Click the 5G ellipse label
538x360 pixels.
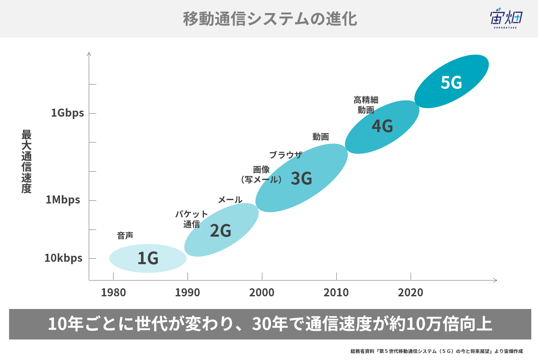(451, 82)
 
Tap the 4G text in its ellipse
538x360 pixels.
(382, 126)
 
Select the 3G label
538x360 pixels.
(301, 178)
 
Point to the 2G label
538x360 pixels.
(220, 231)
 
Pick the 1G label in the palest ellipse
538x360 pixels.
(148, 258)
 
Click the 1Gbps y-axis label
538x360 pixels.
(67, 113)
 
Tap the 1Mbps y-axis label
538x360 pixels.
(63, 200)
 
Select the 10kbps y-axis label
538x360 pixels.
(63, 258)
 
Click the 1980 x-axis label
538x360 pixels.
(113, 292)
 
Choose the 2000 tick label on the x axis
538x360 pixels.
(262, 292)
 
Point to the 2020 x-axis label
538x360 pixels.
(410, 292)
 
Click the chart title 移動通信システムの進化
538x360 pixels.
(270, 19)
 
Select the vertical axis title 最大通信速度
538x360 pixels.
(26, 161)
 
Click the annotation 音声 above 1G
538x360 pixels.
(125, 236)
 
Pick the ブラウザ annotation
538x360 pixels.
(285, 155)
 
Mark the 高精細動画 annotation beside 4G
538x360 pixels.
(366, 105)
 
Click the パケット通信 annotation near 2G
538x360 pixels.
(192, 219)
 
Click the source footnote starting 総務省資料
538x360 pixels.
(436, 351)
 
